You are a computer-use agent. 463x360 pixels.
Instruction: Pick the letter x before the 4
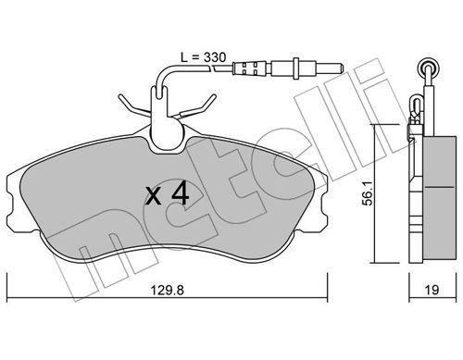[x=154, y=195]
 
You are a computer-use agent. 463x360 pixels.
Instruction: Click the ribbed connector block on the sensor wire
[x=244, y=68]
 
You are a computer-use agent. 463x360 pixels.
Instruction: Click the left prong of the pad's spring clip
[x=128, y=99]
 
